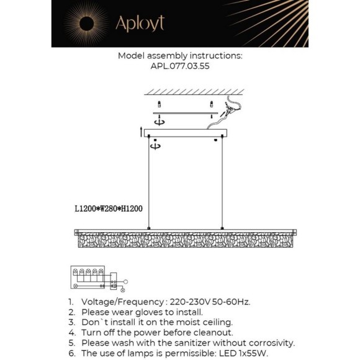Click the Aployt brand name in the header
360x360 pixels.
click(140, 24)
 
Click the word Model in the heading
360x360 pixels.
click(131, 55)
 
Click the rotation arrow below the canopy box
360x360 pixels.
click(155, 145)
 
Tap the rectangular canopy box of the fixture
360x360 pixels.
click(186, 133)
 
